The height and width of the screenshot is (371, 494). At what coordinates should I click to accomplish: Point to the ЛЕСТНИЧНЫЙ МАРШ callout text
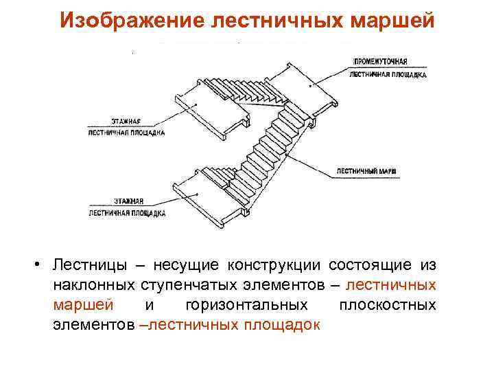pos(367,170)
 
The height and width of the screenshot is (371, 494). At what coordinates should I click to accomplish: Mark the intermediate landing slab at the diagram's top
pos(312,86)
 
